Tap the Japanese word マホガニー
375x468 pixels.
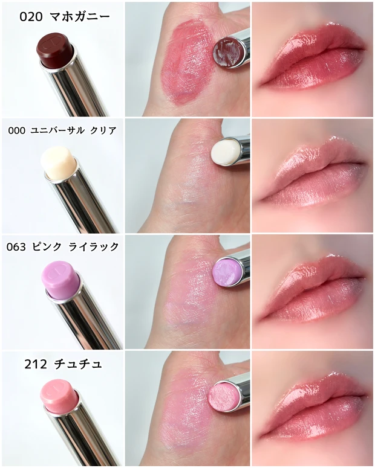tap(81, 16)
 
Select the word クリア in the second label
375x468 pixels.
tap(100, 130)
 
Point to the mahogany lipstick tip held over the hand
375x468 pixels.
tap(227, 50)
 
